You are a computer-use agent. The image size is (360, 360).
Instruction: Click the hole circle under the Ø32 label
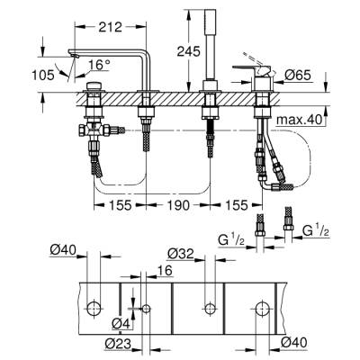(x=211, y=309)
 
